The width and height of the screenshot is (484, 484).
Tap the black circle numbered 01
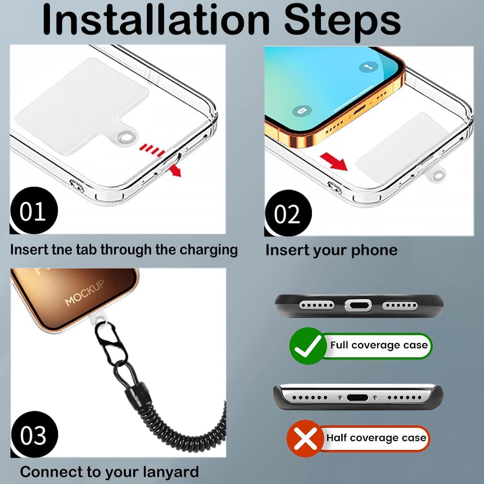click(34, 210)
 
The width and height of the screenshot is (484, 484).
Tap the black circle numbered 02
click(288, 213)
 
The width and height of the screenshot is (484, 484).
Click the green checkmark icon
click(307, 346)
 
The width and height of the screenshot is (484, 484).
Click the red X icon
click(304, 438)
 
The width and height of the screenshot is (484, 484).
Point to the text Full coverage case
click(379, 345)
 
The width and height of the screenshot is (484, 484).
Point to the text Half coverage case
click(376, 438)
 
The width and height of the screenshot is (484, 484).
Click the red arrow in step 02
click(334, 162)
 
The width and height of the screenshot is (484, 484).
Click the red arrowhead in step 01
click(176, 171)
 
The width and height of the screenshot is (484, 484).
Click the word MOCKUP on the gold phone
click(84, 293)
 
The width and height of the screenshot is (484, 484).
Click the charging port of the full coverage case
click(358, 305)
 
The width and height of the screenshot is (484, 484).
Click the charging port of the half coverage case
click(357, 398)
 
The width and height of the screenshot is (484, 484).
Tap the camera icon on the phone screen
click(302, 110)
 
